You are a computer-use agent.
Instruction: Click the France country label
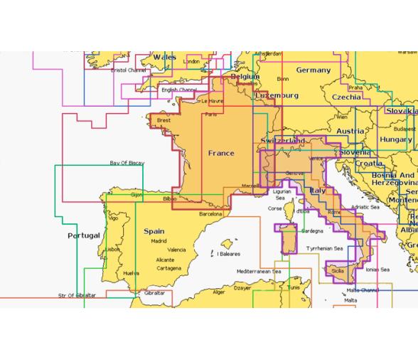220,153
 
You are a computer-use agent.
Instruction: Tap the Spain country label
154,231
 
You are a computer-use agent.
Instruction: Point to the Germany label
313,70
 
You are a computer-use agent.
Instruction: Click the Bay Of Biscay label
127,163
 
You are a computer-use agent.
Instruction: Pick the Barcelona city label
211,213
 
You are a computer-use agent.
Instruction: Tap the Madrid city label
159,241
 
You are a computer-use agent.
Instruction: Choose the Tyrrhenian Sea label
323,248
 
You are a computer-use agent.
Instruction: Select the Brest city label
164,121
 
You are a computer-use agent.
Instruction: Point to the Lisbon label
112,250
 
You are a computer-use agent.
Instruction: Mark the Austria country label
350,132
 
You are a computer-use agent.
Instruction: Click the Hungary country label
395,140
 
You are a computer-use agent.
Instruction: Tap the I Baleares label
228,253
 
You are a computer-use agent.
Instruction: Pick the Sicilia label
338,270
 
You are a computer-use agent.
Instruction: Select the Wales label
164,57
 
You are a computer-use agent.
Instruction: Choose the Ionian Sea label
377,270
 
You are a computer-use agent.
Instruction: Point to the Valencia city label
176,250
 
